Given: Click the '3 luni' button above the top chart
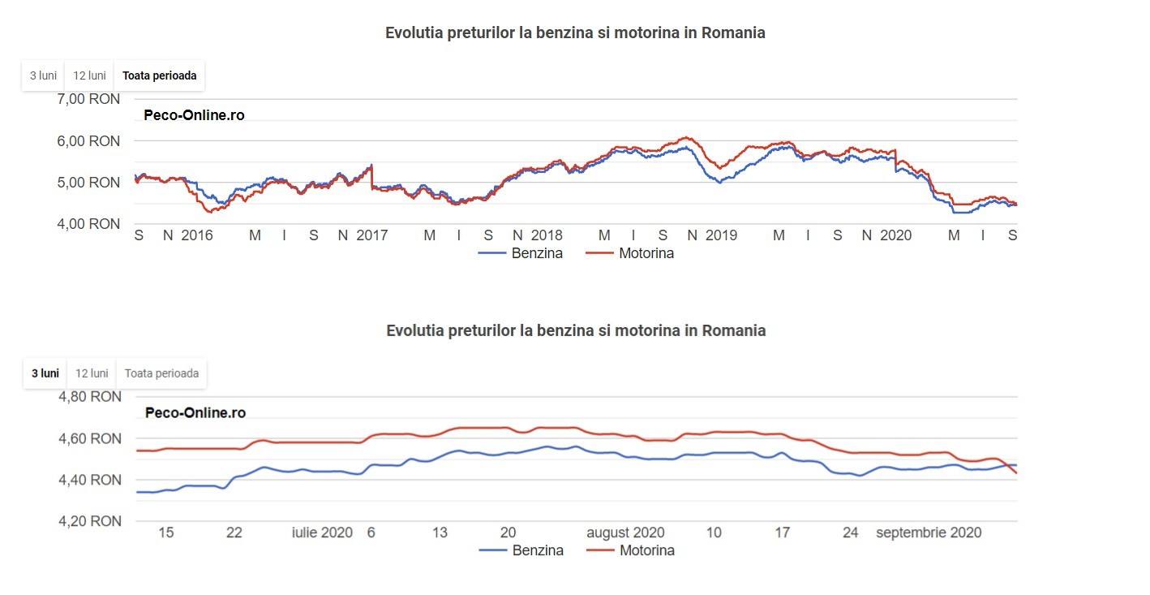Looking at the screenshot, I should tap(43, 75).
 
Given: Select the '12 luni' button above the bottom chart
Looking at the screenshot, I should tap(91, 373).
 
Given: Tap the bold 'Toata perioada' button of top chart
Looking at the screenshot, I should tap(159, 75).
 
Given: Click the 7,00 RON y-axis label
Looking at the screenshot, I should tap(89, 99).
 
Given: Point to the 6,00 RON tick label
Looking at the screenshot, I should tap(89, 140).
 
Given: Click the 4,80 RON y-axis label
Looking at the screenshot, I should tap(90, 397).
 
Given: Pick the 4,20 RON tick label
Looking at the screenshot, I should tap(90, 521).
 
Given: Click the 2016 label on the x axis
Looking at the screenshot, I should tap(196, 235).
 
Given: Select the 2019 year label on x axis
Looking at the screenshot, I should tap(721, 235).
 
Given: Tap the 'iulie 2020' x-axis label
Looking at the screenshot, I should tap(322, 532).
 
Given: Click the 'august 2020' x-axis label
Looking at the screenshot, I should tap(625, 532).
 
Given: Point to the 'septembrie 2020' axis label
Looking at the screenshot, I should tap(929, 532).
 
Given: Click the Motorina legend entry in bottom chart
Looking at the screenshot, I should tap(646, 550).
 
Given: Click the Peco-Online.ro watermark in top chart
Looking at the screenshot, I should tap(194, 115).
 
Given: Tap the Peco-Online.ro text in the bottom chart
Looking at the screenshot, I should tap(195, 412).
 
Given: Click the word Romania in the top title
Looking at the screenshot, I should tap(733, 33).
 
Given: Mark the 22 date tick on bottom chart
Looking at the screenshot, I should tap(234, 532).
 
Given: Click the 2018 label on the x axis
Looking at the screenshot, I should tap(547, 235).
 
